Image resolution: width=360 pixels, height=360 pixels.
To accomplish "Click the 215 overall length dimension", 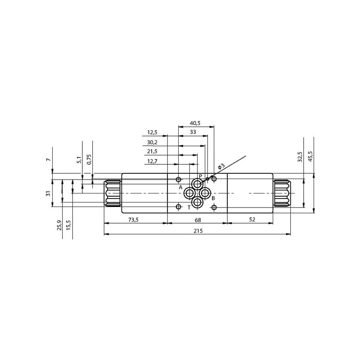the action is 198,231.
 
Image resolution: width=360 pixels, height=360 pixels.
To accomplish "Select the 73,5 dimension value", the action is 133,220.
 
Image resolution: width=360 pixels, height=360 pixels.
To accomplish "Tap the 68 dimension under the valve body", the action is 198,220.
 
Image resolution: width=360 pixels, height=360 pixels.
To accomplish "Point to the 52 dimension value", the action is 252,220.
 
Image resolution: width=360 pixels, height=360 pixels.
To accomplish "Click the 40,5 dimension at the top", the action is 195,123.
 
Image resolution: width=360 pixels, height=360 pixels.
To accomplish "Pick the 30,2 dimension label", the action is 152,142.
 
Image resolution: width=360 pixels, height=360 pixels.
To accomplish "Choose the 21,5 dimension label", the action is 152,151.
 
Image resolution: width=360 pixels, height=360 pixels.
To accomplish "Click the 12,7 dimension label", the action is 152,162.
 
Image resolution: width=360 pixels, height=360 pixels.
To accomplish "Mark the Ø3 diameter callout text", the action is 220,166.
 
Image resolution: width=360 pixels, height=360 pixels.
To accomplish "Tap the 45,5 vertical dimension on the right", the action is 310,156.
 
